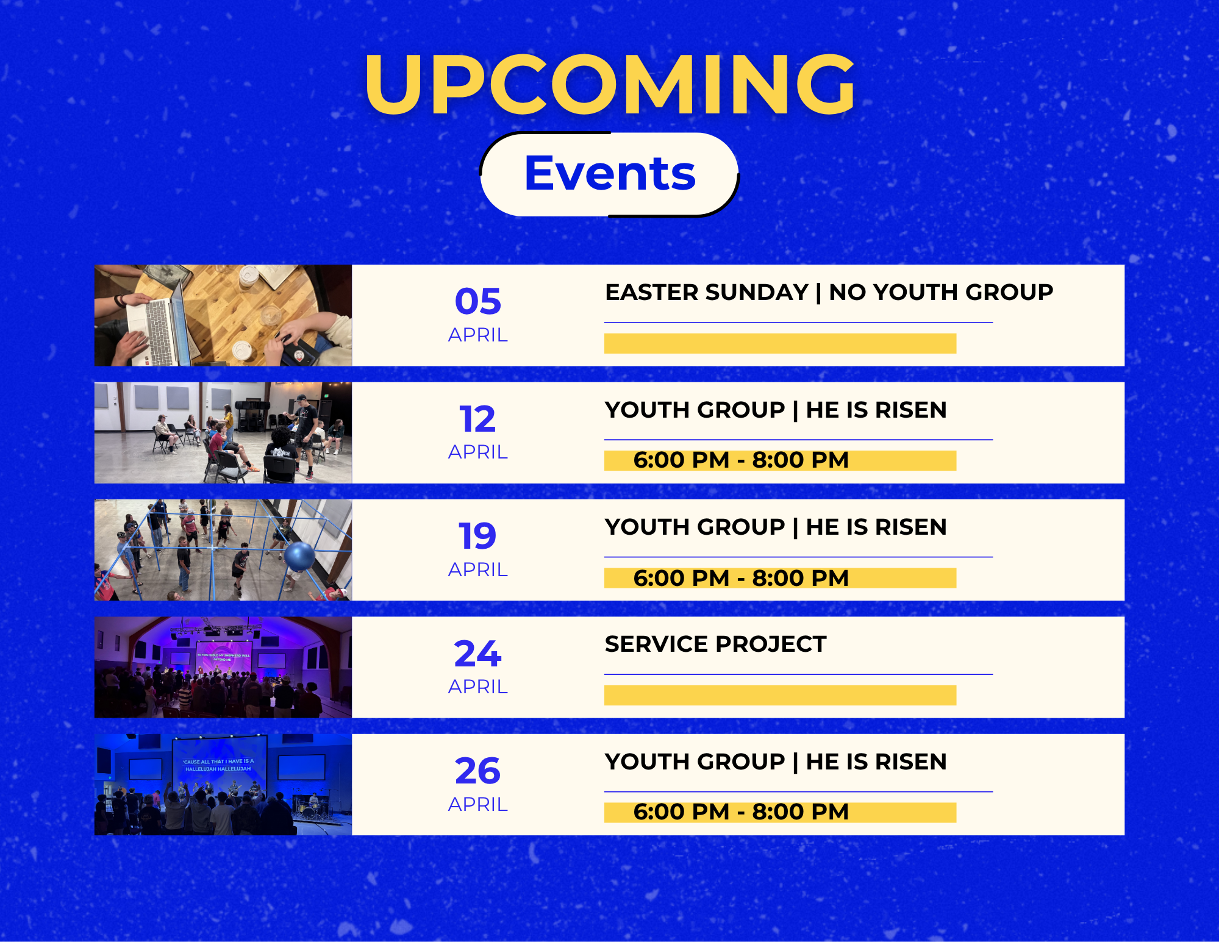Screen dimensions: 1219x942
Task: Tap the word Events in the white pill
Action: [610, 173]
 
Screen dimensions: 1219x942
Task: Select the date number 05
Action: [478, 301]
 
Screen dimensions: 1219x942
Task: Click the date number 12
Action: [478, 419]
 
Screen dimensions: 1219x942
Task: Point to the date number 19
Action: [478, 536]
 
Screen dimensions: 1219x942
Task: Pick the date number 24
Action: [478, 654]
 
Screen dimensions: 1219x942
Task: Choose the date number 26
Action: [478, 771]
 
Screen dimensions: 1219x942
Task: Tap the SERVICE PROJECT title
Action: [715, 644]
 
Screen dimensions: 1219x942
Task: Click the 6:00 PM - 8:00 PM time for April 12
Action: [741, 460]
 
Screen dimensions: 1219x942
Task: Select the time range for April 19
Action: [741, 577]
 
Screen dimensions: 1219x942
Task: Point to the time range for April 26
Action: [741, 812]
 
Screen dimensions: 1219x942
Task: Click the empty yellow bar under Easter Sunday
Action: [780, 343]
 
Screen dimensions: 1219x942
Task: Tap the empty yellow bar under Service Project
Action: [780, 695]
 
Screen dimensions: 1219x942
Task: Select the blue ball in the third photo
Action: [299, 557]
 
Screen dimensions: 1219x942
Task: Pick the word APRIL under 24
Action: [478, 687]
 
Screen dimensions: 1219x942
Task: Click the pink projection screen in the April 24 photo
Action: [223, 657]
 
